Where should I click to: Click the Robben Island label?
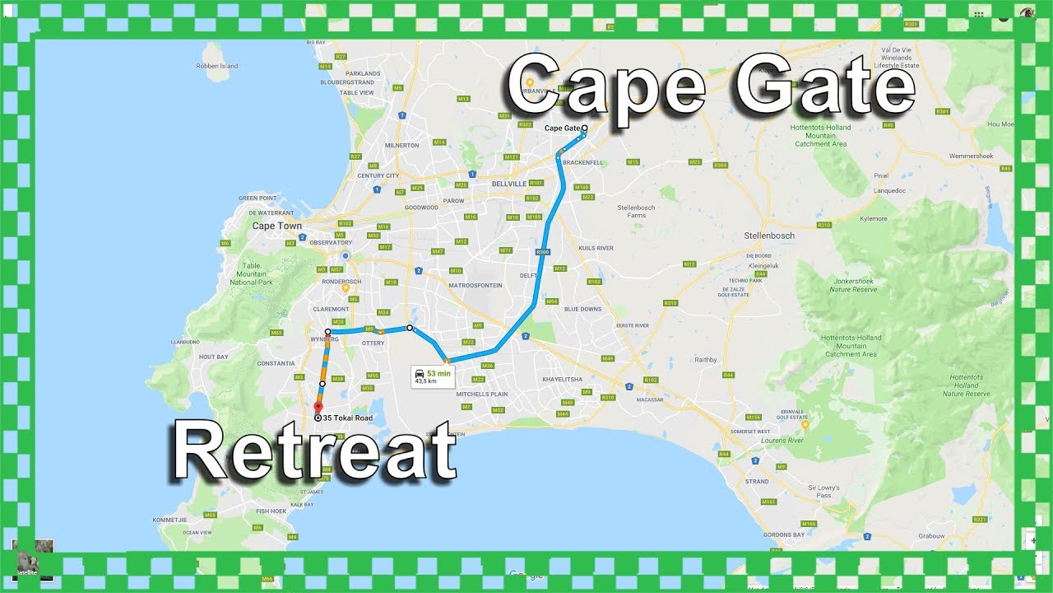(x=218, y=66)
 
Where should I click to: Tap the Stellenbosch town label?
(x=769, y=236)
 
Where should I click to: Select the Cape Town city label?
(x=276, y=226)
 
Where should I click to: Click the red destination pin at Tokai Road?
(x=318, y=406)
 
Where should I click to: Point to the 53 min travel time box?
(x=433, y=376)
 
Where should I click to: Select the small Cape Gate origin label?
(x=562, y=128)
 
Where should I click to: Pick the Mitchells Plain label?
(x=483, y=394)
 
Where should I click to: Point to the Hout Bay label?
(x=213, y=357)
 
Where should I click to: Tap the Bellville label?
(x=508, y=184)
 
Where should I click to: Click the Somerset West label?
(x=750, y=432)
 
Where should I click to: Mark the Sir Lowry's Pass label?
(x=823, y=491)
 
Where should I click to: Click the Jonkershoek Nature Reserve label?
(x=854, y=286)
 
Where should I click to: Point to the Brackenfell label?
(x=585, y=163)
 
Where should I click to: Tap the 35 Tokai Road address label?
(x=347, y=418)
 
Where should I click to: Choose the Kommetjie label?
(x=170, y=521)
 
